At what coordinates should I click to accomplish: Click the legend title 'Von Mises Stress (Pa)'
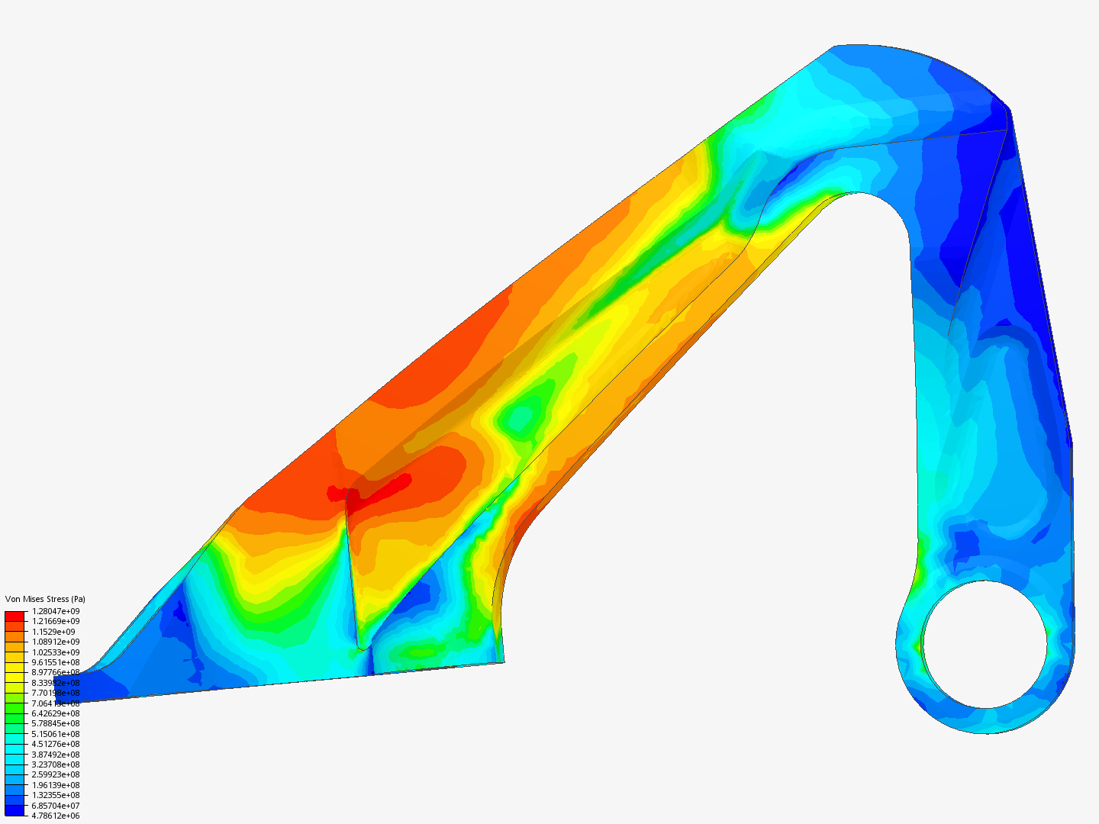tap(45, 599)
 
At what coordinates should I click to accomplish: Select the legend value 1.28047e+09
tap(56, 611)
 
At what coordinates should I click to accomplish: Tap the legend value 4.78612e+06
tap(56, 816)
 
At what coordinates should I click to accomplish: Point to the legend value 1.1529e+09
tap(53, 632)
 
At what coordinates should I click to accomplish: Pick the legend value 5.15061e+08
tap(56, 734)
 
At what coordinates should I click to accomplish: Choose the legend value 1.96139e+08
tap(56, 785)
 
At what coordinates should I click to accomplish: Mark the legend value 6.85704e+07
tap(56, 806)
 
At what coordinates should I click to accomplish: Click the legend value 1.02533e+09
tap(56, 652)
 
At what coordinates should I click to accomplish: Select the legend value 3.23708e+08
tap(56, 764)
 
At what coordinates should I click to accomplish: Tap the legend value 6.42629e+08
tap(56, 713)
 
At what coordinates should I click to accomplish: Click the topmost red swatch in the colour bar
tap(15, 616)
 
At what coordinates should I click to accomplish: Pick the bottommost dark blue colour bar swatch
tap(15, 810)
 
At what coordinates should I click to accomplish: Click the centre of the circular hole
tap(985, 644)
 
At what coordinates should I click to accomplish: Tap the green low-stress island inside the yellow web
tap(521, 417)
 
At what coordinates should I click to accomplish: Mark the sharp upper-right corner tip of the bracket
tap(1009, 110)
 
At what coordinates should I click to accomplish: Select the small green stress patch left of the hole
tap(918, 645)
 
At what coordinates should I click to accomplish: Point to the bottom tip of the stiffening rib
tap(359, 649)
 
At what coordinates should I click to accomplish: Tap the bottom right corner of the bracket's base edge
tap(503, 661)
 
